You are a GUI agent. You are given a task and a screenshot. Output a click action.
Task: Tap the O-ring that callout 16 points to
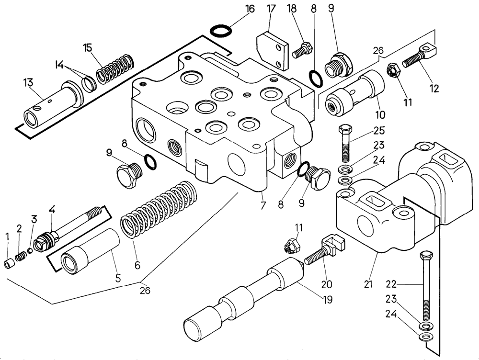coord(222,32)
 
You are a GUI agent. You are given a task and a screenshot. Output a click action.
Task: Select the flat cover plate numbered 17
coord(272,50)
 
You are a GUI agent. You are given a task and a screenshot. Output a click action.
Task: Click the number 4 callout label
coord(52,209)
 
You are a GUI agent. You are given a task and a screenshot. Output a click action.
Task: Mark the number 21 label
coord(368,284)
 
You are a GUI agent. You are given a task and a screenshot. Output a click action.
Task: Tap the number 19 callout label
coord(328,300)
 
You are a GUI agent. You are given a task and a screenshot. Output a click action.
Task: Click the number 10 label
coord(380,115)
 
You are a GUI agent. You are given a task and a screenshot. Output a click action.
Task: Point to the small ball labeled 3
coord(30,250)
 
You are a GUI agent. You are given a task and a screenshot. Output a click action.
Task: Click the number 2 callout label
coord(19,229)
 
